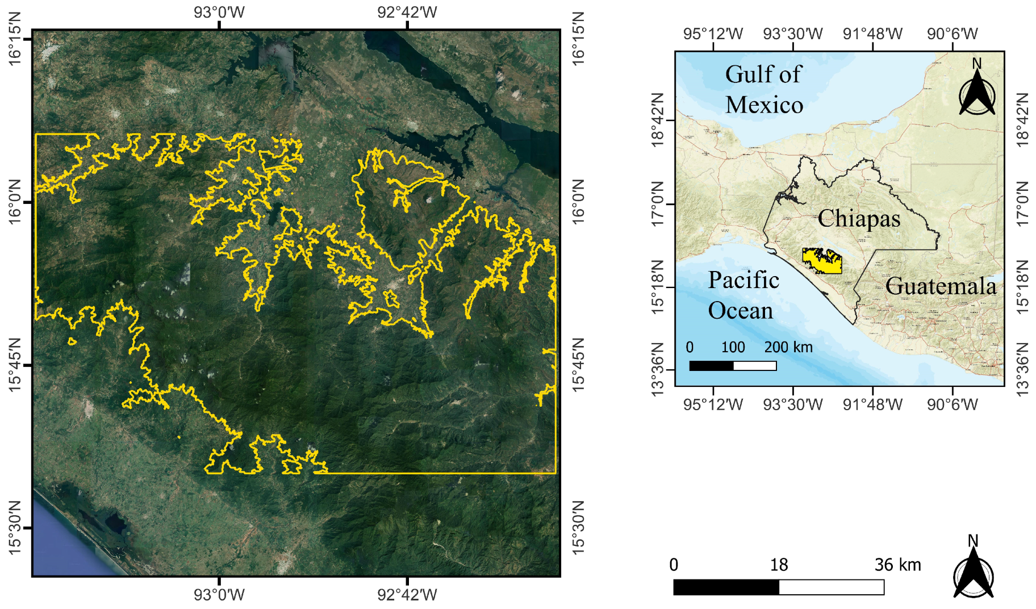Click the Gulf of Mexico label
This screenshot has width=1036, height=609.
click(x=764, y=90)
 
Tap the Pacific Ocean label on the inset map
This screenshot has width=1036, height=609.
click(x=743, y=295)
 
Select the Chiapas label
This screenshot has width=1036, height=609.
click(x=859, y=218)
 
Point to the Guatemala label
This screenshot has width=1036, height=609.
click(x=941, y=286)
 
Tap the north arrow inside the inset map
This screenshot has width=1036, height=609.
click(x=977, y=93)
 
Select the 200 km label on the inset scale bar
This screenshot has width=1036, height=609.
click(x=788, y=347)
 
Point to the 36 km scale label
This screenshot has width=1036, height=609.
click(x=897, y=565)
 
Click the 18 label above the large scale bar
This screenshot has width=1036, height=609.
click(x=779, y=565)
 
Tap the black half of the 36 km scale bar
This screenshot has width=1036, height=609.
click(x=726, y=587)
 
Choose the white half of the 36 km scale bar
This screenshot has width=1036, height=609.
click(x=832, y=587)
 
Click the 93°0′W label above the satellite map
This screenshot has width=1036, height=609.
click(x=219, y=12)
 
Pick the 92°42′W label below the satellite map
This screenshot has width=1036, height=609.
click(x=407, y=595)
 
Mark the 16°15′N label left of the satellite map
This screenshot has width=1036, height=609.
click(x=14, y=38)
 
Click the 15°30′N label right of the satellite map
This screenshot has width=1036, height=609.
click(x=578, y=528)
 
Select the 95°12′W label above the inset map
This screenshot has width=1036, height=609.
click(x=713, y=34)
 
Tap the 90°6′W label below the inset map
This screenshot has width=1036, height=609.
click(x=953, y=404)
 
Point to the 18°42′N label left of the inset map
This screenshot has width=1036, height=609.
click(x=658, y=120)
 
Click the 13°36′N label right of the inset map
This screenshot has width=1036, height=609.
click(x=1022, y=369)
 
